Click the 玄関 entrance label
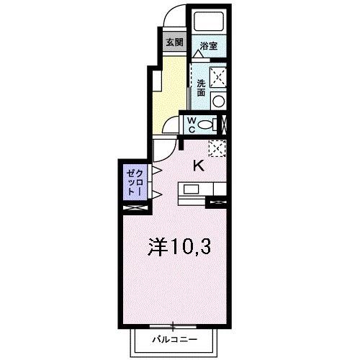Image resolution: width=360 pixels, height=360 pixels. tap(174, 42)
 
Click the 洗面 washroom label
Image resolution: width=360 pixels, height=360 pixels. tap(201, 88)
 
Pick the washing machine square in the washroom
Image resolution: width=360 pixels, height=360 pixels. tap(219, 76)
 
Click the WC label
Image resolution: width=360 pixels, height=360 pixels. tap(192, 125)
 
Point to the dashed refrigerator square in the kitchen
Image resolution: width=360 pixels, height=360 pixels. tap(217, 148)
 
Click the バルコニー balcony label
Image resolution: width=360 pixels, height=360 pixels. tap(173, 338)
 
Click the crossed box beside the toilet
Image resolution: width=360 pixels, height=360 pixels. tap(223, 125)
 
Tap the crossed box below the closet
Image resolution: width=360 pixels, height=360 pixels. tap(135, 208)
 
